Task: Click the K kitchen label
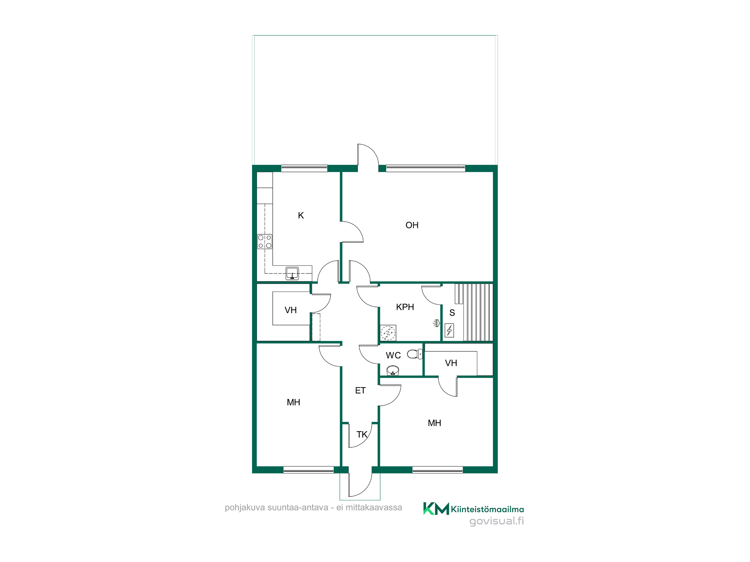pyautogui.click(x=301, y=215)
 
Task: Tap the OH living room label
pyautogui.click(x=412, y=225)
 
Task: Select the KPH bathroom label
pyautogui.click(x=405, y=307)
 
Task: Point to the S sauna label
pyautogui.click(x=452, y=313)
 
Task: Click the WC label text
pyautogui.click(x=393, y=355)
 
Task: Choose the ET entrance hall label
pyautogui.click(x=360, y=391)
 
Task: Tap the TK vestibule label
pyautogui.click(x=362, y=435)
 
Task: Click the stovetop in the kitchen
pyautogui.click(x=265, y=242)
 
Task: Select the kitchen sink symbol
pyautogui.click(x=292, y=273)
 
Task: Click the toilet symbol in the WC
pyautogui.click(x=415, y=354)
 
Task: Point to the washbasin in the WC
pyautogui.click(x=393, y=371)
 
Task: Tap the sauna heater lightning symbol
pyautogui.click(x=449, y=330)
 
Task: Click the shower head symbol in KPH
pyautogui.click(x=436, y=323)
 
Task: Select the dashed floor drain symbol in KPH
pyautogui.click(x=388, y=333)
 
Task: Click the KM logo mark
pyautogui.click(x=436, y=508)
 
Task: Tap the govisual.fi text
pyautogui.click(x=496, y=521)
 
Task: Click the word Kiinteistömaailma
pyautogui.click(x=487, y=509)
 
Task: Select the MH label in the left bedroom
pyautogui.click(x=293, y=402)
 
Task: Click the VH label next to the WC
pyautogui.click(x=451, y=363)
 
